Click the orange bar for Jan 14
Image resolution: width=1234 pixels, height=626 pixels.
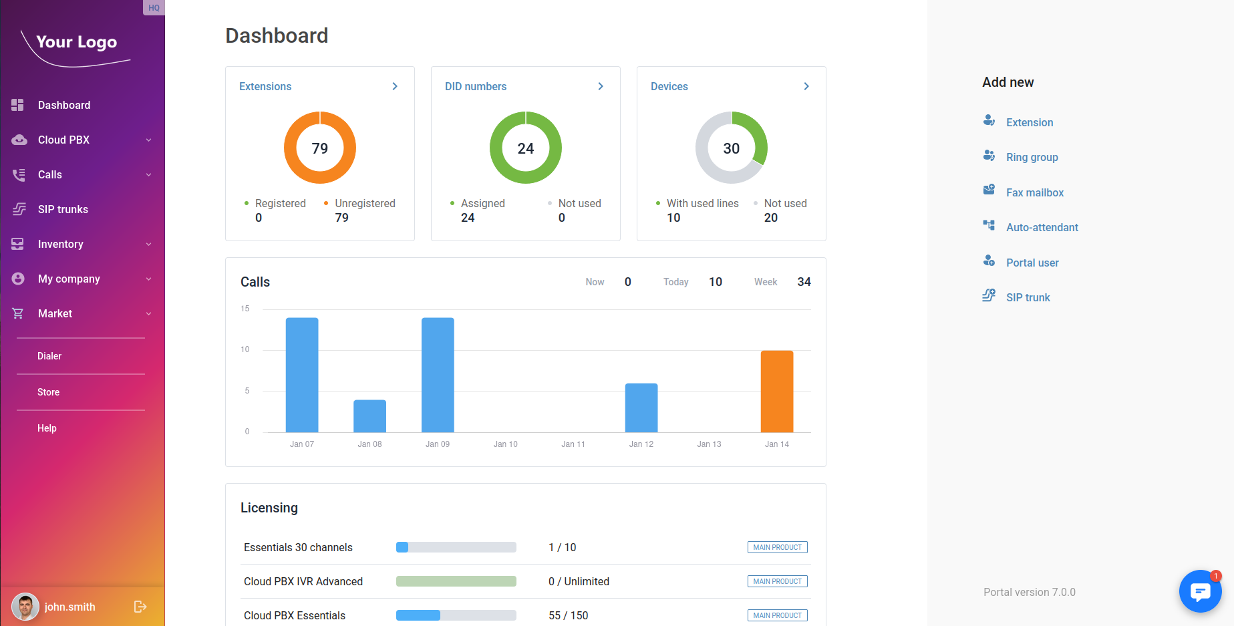[776, 392]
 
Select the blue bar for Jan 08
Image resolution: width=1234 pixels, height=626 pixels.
[369, 416]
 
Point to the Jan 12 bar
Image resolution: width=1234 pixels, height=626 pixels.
[641, 408]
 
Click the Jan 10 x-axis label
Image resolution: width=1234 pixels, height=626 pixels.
[505, 444]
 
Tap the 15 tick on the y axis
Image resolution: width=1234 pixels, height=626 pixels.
[245, 309]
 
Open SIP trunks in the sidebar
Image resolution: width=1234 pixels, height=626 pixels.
[63, 209]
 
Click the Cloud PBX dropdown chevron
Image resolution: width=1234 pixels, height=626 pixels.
[148, 140]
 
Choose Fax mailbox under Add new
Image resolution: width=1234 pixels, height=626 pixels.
[1034, 192]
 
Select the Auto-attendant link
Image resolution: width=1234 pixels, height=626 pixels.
[1042, 227]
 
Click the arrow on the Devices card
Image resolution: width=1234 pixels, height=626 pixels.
[806, 86]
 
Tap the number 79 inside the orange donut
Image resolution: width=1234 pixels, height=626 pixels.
[320, 148]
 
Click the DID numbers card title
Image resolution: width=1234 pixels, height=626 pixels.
[476, 86]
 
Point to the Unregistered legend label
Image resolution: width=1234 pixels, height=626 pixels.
[365, 203]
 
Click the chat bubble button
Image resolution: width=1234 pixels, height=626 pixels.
[1200, 591]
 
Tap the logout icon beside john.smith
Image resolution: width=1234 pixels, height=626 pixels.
[140, 607]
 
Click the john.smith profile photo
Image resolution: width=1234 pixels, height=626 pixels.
[25, 607]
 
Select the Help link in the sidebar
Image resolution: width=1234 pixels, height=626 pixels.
[47, 428]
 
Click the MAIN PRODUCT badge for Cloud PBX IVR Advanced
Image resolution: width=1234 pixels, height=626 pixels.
[777, 581]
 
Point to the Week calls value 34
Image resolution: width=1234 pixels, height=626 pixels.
[804, 282]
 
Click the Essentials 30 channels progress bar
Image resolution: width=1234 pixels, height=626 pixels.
[456, 547]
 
